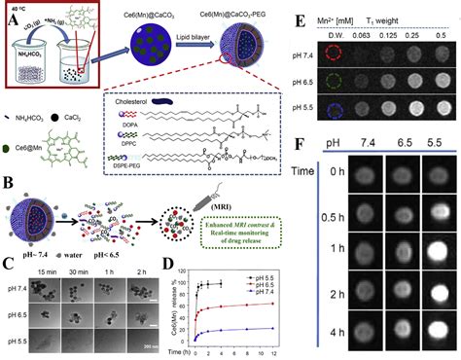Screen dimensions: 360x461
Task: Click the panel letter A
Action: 9,11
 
